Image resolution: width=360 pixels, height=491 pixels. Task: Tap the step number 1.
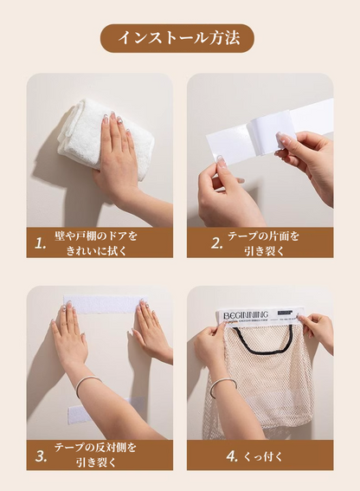pos(41,244)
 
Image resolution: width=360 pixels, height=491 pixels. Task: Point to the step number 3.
pos(41,455)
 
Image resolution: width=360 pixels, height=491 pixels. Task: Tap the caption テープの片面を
pos(263,236)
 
